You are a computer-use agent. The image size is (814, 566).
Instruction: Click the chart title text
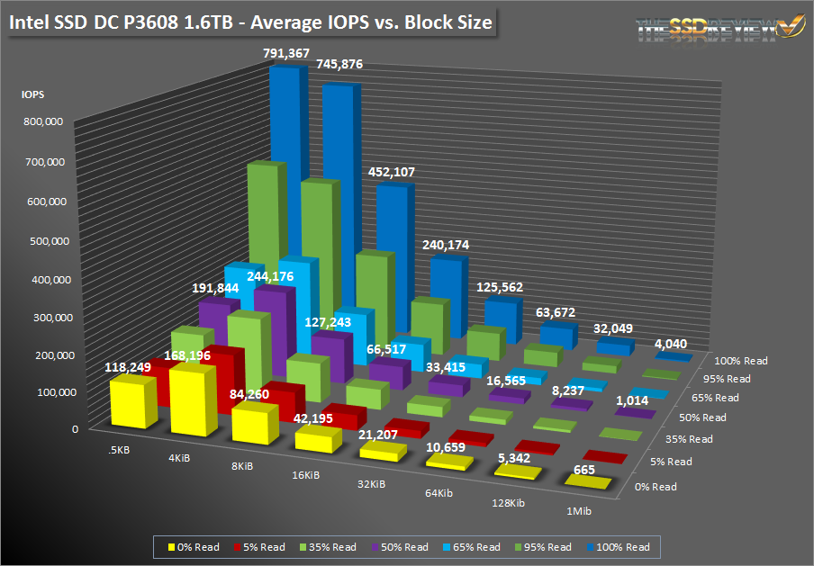pyautogui.click(x=252, y=22)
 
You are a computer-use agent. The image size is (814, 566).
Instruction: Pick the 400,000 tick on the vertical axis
pyautogui.click(x=42, y=280)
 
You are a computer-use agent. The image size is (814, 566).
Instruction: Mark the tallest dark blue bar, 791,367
pyautogui.click(x=286, y=162)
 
